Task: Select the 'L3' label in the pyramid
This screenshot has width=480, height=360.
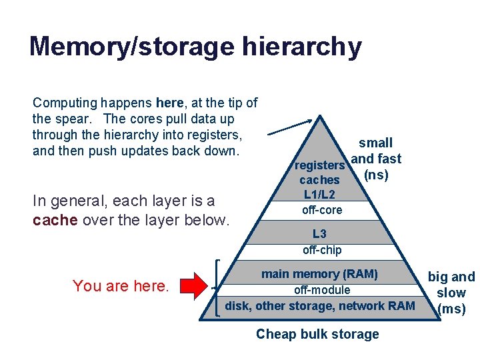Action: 320,234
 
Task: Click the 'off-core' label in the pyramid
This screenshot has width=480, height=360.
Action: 321,210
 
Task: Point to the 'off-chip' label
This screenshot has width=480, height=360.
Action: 321,250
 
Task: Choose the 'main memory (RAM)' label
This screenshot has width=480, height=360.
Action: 319,274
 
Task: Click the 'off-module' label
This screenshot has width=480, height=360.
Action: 321,290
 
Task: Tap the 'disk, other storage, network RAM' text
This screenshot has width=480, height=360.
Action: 320,306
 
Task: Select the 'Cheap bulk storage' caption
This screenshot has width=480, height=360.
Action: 317,334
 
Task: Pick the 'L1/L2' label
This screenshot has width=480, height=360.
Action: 319,195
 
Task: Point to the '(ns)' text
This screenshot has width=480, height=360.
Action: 375,175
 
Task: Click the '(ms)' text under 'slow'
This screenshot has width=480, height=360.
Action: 451,309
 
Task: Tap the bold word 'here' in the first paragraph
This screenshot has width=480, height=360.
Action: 169,103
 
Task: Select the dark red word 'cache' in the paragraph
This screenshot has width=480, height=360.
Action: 55,220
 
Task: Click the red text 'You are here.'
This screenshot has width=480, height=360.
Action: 121,286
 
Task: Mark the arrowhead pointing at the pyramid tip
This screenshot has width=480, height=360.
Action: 309,121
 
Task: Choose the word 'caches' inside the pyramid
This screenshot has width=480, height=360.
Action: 319,180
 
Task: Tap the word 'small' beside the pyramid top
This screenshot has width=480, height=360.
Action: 375,143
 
